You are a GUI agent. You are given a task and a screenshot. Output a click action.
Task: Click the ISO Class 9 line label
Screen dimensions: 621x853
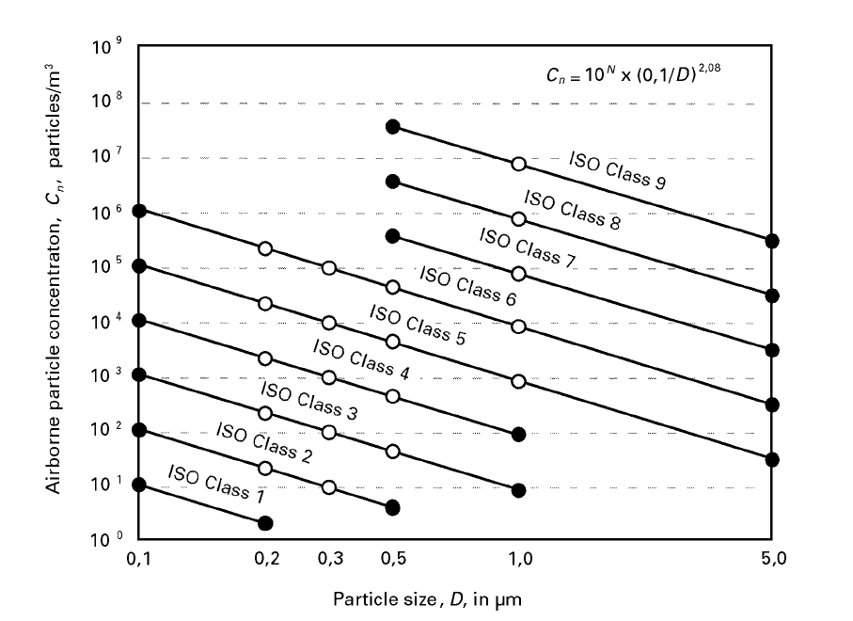click(x=618, y=170)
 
